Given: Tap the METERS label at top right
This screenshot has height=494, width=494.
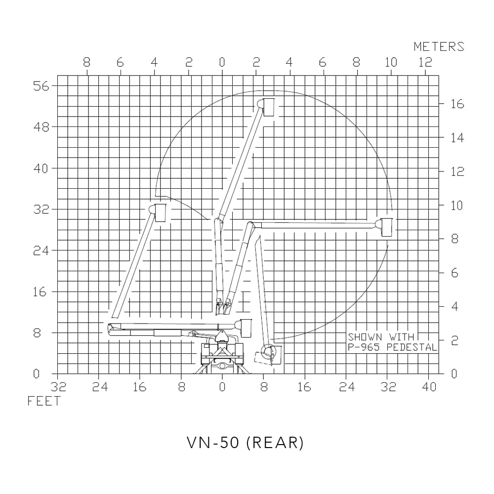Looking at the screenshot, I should (439, 47).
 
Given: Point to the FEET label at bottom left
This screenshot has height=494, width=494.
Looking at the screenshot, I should (43, 401).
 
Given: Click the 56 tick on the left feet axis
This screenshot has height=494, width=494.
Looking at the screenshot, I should (41, 86).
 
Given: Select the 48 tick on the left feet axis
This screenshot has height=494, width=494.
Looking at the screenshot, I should (41, 127).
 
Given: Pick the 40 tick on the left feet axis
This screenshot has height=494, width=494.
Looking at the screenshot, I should (41, 168).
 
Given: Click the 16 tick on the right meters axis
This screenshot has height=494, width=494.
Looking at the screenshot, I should (456, 104).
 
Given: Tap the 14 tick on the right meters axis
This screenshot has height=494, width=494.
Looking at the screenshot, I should (456, 138).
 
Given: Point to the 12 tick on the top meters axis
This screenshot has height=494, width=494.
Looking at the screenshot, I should (425, 63).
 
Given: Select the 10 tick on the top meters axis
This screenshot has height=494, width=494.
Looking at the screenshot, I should (391, 63).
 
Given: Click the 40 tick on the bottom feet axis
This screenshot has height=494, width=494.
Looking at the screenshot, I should (429, 387).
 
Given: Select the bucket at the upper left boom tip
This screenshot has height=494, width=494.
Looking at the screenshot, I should (161, 212).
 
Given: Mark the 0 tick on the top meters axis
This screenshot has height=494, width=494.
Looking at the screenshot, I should (222, 63).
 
